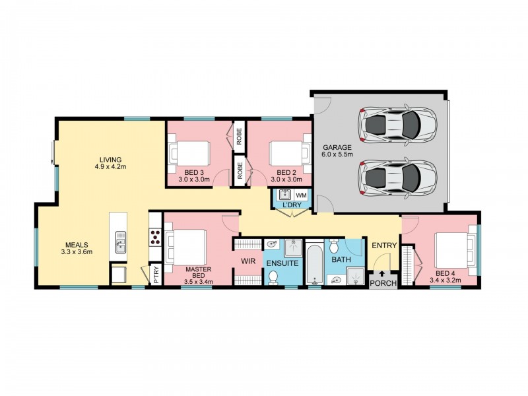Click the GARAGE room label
coord(337,147)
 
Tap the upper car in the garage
coord(397,124)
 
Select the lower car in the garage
coord(397,176)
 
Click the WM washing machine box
coord(301,195)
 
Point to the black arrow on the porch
coord(383,274)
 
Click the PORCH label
coord(383,284)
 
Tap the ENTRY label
coord(384,246)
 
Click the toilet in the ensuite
coord(273,278)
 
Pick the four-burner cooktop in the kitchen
coord(155,237)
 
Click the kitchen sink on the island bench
coord(120,242)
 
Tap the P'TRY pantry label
coord(156,275)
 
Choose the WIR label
coord(248,261)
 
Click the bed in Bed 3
coord(189,154)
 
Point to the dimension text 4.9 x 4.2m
coord(110,166)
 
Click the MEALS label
coord(77,245)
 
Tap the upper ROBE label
coord(239,136)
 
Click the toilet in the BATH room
coord(334,246)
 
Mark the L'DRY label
coord(292,205)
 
